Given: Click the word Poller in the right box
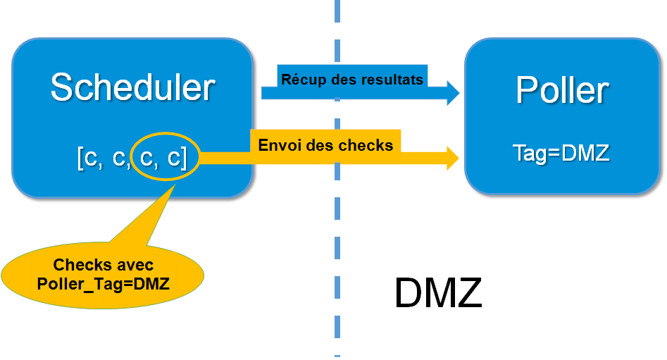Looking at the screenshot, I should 561,90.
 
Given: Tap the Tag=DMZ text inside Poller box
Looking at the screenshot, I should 561,152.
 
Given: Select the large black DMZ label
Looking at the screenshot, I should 438,292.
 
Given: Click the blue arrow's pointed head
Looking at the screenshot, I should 451,92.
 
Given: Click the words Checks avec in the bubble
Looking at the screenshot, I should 103,266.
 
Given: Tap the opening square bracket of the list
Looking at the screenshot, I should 80,159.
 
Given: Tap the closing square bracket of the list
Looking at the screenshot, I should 184,159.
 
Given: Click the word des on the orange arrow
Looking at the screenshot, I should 318,146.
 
